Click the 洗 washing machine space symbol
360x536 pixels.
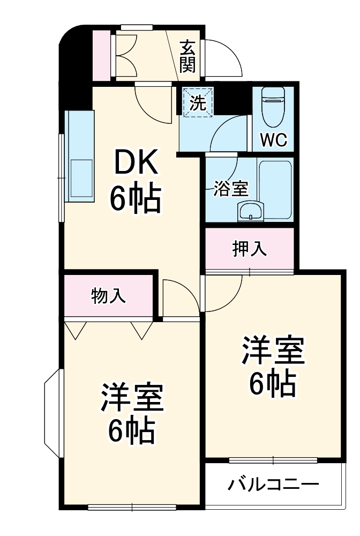(x=198, y=101)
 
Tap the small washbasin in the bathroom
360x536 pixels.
(x=250, y=211)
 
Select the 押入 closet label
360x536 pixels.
(x=250, y=249)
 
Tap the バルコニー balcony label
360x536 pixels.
(x=273, y=485)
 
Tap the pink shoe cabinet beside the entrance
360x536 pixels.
(x=101, y=54)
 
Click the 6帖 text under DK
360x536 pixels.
(x=135, y=199)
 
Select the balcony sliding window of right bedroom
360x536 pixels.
(x=273, y=459)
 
